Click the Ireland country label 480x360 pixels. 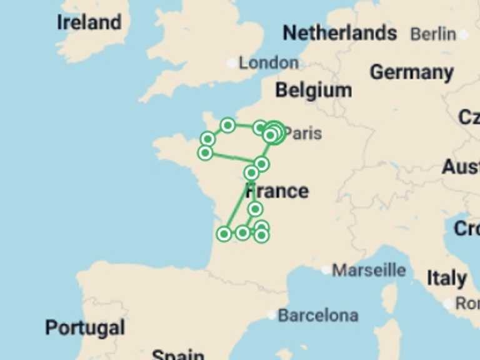click(89, 22)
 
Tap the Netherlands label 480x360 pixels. click(339, 32)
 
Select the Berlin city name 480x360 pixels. click(433, 34)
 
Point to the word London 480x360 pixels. click(269, 62)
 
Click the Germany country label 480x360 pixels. click(411, 72)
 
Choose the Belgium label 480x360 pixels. click(313, 91)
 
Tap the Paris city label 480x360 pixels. click(304, 133)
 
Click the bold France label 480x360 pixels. click(277, 191)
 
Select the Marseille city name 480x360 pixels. click(369, 270)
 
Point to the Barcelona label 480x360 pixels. click(317, 316)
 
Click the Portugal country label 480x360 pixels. click(84, 327)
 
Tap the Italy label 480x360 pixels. click(446, 279)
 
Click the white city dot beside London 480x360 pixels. click(232, 63)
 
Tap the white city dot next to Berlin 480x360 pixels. click(463, 34)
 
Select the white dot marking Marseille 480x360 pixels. click(326, 271)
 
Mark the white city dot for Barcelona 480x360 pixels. click(271, 316)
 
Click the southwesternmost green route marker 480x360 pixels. click(224, 234)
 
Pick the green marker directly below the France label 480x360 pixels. click(255, 209)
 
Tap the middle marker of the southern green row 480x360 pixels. click(242, 232)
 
